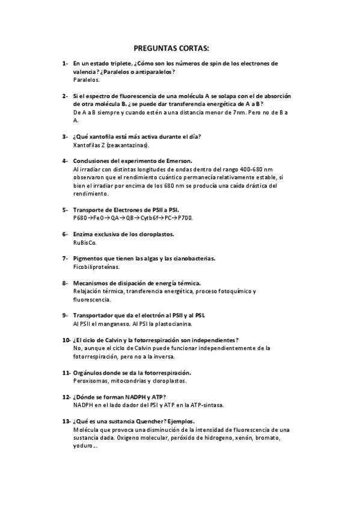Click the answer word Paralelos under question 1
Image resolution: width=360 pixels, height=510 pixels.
tap(86, 79)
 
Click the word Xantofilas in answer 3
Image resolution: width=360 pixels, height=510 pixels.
tap(88, 145)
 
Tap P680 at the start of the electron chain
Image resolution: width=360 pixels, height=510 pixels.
tap(81, 218)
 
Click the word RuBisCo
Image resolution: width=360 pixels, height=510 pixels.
tap(84, 242)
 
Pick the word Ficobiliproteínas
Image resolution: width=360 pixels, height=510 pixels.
tap(96, 266)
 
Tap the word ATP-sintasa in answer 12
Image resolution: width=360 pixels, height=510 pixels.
tap(207, 405)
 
